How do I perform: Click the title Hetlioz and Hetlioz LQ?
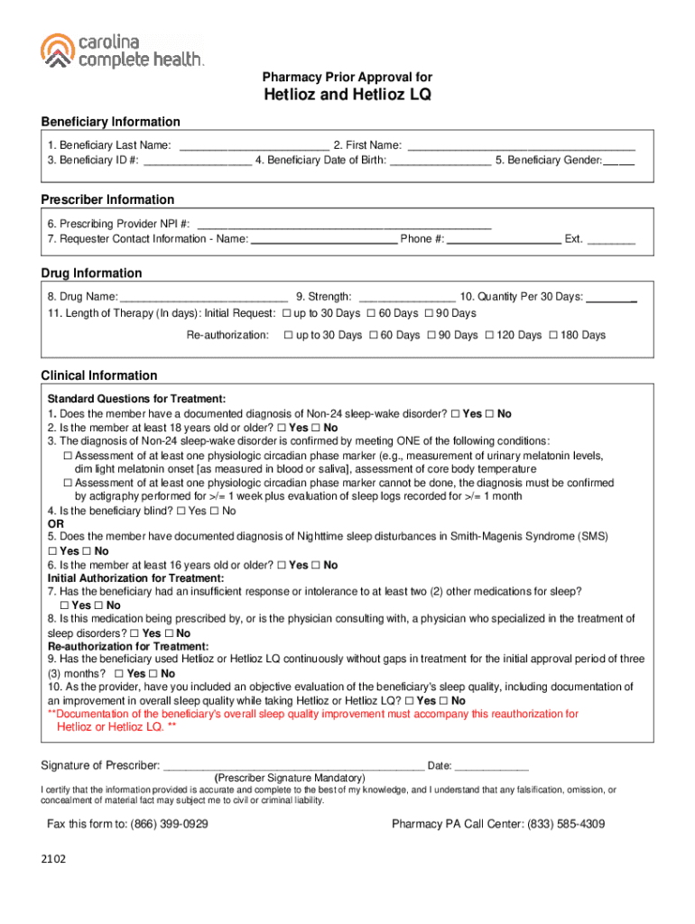347,96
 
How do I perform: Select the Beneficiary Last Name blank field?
254,144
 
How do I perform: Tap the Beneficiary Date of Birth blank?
440,160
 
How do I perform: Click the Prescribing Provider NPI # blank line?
344,224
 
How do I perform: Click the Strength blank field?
406,296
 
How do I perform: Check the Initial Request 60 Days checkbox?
370,313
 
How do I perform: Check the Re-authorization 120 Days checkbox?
490,335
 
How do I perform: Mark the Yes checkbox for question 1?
455,413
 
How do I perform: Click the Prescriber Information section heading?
107,199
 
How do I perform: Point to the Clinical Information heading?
99,375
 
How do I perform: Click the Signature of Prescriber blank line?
293,766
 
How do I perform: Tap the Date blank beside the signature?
492,766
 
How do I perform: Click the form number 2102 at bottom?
53,859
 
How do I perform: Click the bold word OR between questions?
55,523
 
